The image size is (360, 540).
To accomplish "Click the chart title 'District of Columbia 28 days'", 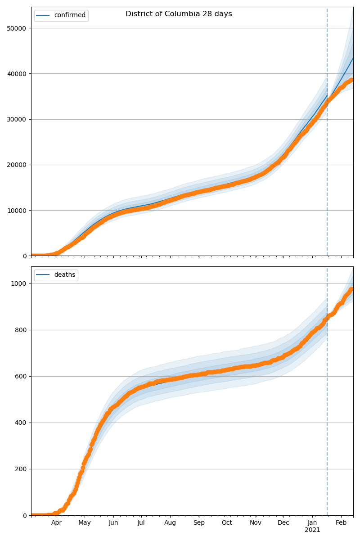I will [179, 14].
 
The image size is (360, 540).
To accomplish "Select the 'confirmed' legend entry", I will [69, 15].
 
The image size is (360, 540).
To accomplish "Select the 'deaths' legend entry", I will [64, 275].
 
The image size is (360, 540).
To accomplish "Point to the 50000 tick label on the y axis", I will [16, 28].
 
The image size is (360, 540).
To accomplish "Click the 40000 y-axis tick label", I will [16, 74].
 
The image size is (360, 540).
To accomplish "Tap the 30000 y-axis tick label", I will [16, 119].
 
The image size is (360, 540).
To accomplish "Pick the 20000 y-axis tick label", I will [16, 165].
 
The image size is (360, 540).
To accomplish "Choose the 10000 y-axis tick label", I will [16, 210].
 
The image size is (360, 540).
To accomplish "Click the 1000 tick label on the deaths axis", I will [19, 283].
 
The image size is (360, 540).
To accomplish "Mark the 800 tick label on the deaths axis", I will [21, 330].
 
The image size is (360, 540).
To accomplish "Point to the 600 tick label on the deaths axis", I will [21, 376].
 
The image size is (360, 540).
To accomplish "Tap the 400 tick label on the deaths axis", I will [21, 423].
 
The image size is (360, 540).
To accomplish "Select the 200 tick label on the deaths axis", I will [21, 469].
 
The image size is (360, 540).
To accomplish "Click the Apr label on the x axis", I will [56, 523].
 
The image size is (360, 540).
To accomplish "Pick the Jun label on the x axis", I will [113, 523].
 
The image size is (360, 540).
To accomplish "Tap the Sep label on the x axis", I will [199, 523].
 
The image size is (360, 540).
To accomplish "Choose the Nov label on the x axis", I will [256, 523].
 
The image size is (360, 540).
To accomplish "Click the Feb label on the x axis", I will [341, 523].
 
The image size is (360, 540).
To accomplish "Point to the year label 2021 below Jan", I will [312, 530].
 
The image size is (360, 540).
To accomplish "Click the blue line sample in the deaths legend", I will [44, 275].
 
